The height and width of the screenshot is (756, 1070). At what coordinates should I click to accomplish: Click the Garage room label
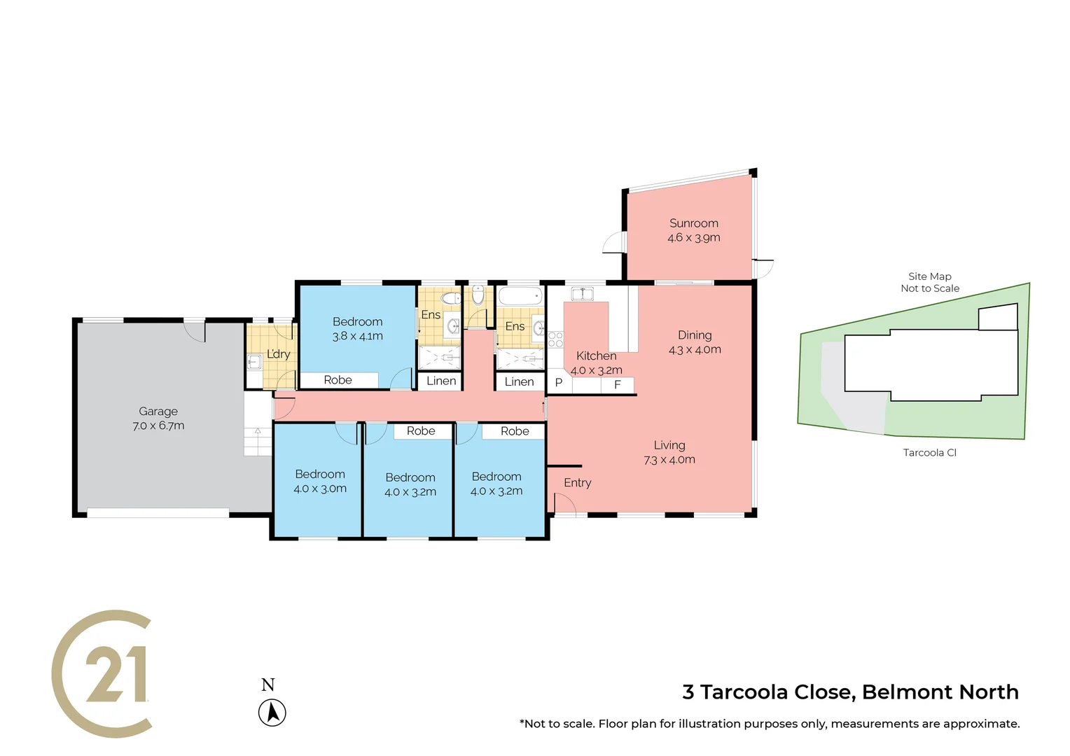pos(158,419)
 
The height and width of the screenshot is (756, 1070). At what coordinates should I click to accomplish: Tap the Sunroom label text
pos(693,230)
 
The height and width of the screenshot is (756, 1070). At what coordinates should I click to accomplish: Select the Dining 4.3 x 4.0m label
pos(694,342)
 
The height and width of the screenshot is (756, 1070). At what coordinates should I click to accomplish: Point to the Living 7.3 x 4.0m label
pos(669,452)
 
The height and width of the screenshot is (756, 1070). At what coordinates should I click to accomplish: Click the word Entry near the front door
pos(577,483)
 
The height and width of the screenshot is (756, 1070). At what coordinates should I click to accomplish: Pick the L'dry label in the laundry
pos(278,354)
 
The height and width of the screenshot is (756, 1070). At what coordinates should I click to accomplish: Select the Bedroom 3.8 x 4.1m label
pos(357,329)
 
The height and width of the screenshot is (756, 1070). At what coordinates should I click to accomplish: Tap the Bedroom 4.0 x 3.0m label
pos(320,482)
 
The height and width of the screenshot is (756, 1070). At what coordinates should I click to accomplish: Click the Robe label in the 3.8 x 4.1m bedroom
pos(338,380)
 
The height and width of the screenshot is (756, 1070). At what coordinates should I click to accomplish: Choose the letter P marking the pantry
pos(559,383)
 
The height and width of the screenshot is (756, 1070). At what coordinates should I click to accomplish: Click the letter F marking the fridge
pos(617,385)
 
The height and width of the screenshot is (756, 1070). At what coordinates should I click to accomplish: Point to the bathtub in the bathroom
pos(520,295)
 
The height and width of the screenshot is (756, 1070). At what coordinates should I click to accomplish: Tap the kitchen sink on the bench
pos(582,293)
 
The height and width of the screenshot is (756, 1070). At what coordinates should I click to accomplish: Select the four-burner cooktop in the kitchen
pos(555,339)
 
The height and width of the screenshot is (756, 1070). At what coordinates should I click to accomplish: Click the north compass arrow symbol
pos(272,713)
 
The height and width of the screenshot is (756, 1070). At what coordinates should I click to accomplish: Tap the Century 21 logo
pos(104,673)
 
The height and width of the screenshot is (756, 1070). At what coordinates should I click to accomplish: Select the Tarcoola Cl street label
pos(929,453)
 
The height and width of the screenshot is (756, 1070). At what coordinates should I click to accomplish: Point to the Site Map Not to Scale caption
pos(929,282)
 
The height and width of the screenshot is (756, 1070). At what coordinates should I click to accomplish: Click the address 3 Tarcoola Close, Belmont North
pos(850,692)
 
